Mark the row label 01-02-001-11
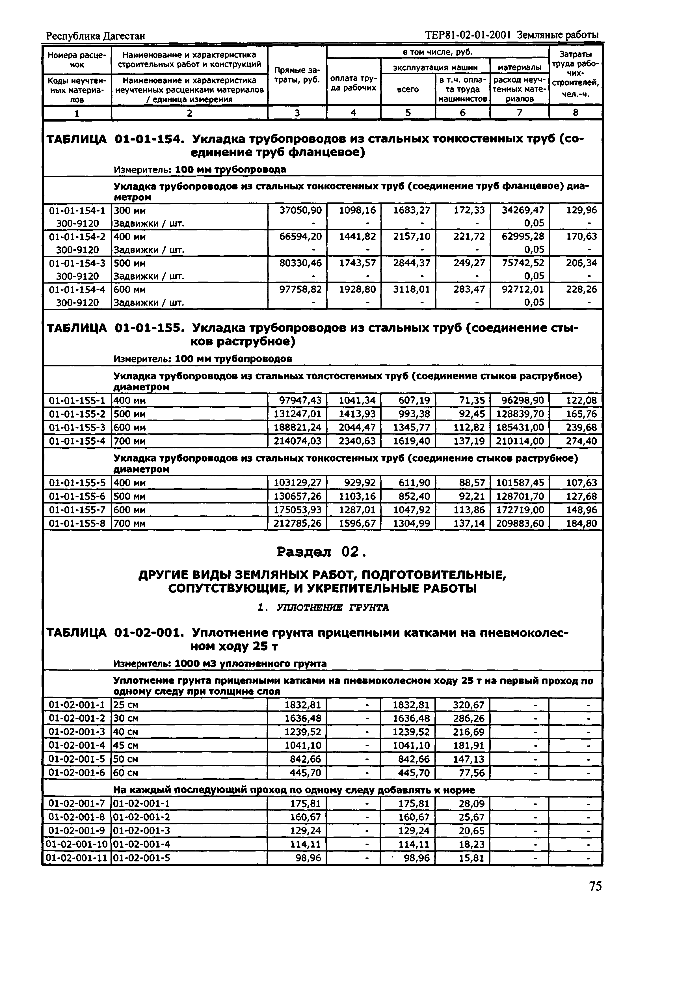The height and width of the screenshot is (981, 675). point(77,858)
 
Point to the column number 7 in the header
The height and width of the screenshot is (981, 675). point(519,113)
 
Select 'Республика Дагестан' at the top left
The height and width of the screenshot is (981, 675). point(95,36)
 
